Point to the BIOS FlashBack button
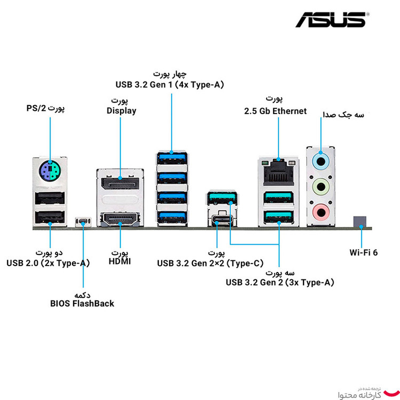(x=83, y=221)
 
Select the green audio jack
(x=320, y=186)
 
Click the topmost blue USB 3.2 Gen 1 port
(x=172, y=159)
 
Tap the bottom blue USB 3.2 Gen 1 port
(x=172, y=217)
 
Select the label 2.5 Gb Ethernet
(x=275, y=111)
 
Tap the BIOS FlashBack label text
(x=82, y=303)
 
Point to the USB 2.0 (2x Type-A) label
(x=48, y=262)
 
